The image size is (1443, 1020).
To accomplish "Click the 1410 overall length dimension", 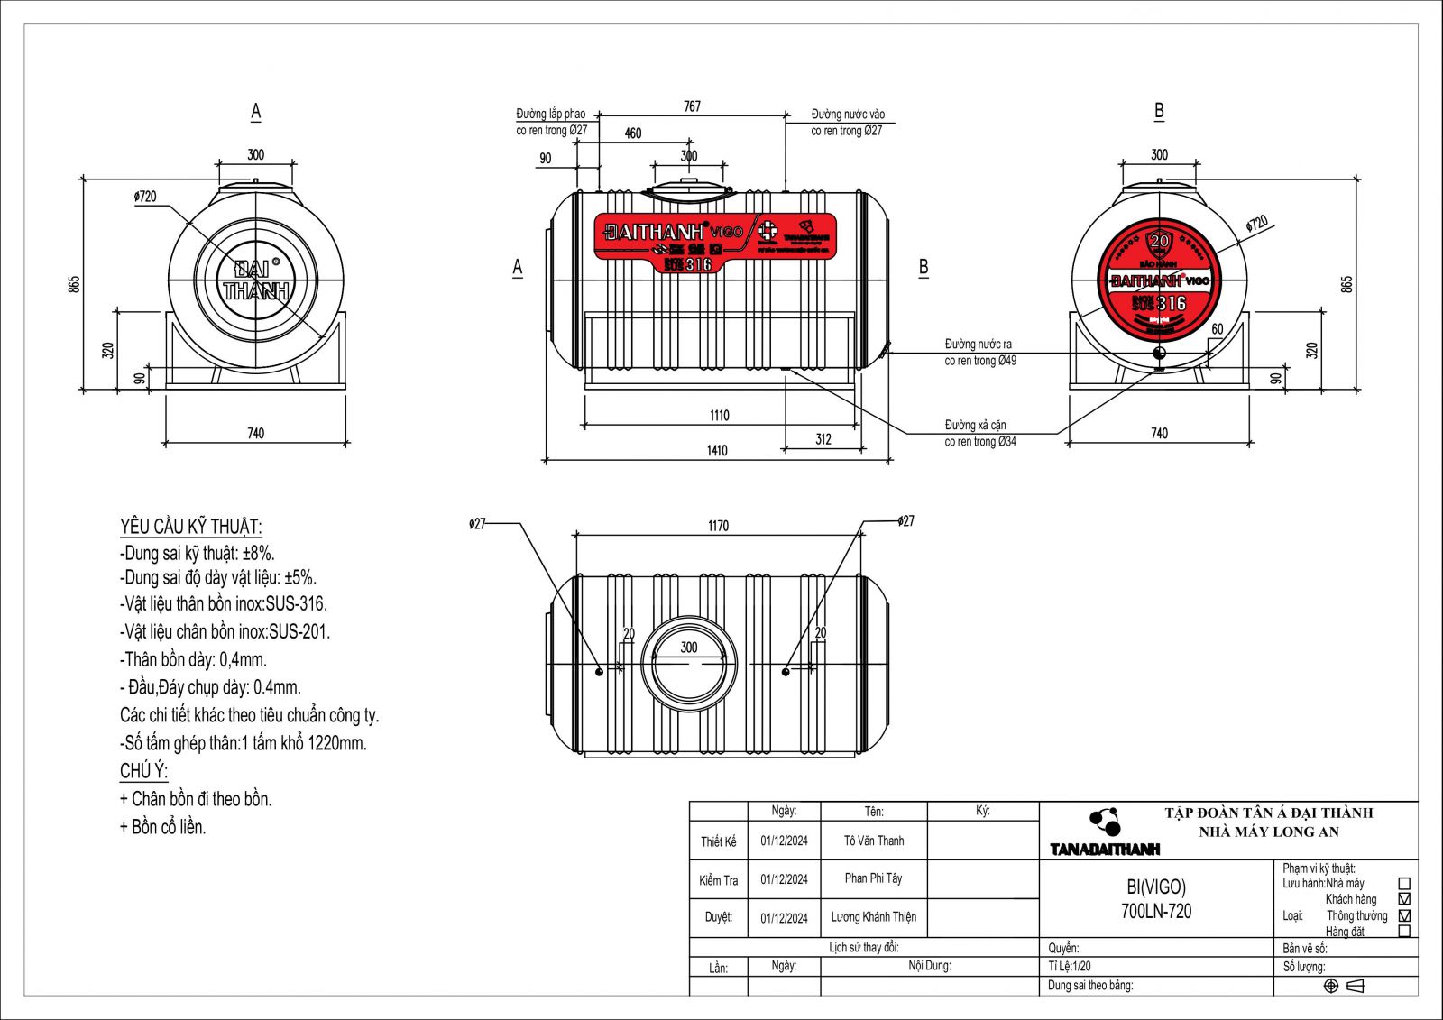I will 717,450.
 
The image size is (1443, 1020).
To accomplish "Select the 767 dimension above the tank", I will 692,106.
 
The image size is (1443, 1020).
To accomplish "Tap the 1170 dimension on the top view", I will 718,526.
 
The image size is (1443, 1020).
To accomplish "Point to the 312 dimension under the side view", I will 823,439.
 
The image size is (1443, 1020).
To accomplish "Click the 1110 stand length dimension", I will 719,416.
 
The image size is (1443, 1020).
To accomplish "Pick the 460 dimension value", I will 633,133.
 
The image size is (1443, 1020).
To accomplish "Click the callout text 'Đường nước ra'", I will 978,345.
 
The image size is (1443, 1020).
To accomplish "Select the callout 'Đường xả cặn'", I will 975,425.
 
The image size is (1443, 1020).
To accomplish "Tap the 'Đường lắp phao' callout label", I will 550,115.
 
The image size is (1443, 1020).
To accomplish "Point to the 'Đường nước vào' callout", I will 848,115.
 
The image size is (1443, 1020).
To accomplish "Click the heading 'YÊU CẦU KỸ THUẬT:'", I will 191,527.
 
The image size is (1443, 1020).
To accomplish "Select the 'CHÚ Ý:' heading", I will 143,771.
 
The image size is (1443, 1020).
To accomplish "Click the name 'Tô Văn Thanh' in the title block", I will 873,841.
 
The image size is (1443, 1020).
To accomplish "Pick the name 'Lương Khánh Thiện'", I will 873,917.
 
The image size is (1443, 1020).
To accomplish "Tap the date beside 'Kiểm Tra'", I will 784,879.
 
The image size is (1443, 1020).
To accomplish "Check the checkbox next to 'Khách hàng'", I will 1403,899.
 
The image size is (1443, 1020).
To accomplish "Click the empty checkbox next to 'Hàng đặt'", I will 1403,932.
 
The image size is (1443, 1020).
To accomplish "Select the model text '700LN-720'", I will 1155,912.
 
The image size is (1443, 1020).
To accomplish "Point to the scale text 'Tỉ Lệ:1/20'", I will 1070,966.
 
